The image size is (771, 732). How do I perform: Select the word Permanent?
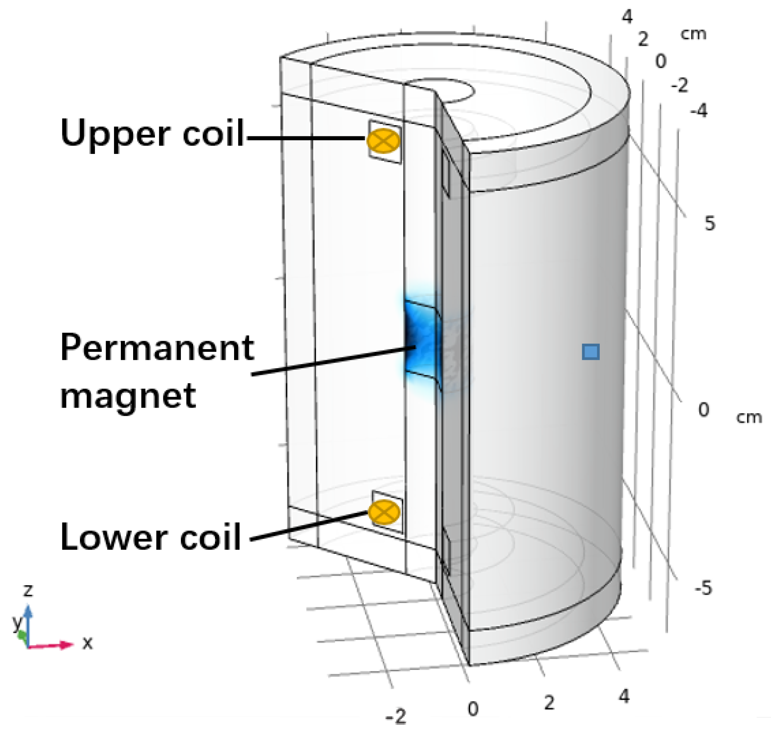[157, 348]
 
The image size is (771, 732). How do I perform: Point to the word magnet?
[128, 396]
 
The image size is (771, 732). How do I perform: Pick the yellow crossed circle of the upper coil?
[383, 141]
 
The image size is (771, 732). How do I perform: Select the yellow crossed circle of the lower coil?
[384, 512]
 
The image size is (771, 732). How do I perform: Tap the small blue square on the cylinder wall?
[591, 352]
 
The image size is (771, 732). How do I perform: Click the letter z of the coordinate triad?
[27, 590]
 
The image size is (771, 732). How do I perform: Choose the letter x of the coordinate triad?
[87, 643]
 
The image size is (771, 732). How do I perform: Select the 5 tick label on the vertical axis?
[710, 223]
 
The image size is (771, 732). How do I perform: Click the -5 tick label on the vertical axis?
[703, 588]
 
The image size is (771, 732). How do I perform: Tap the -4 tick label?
[699, 111]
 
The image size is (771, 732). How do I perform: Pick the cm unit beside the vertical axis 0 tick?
[749, 417]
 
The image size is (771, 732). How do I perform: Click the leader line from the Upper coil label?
[306, 138]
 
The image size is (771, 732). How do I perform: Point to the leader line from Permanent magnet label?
[334, 361]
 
